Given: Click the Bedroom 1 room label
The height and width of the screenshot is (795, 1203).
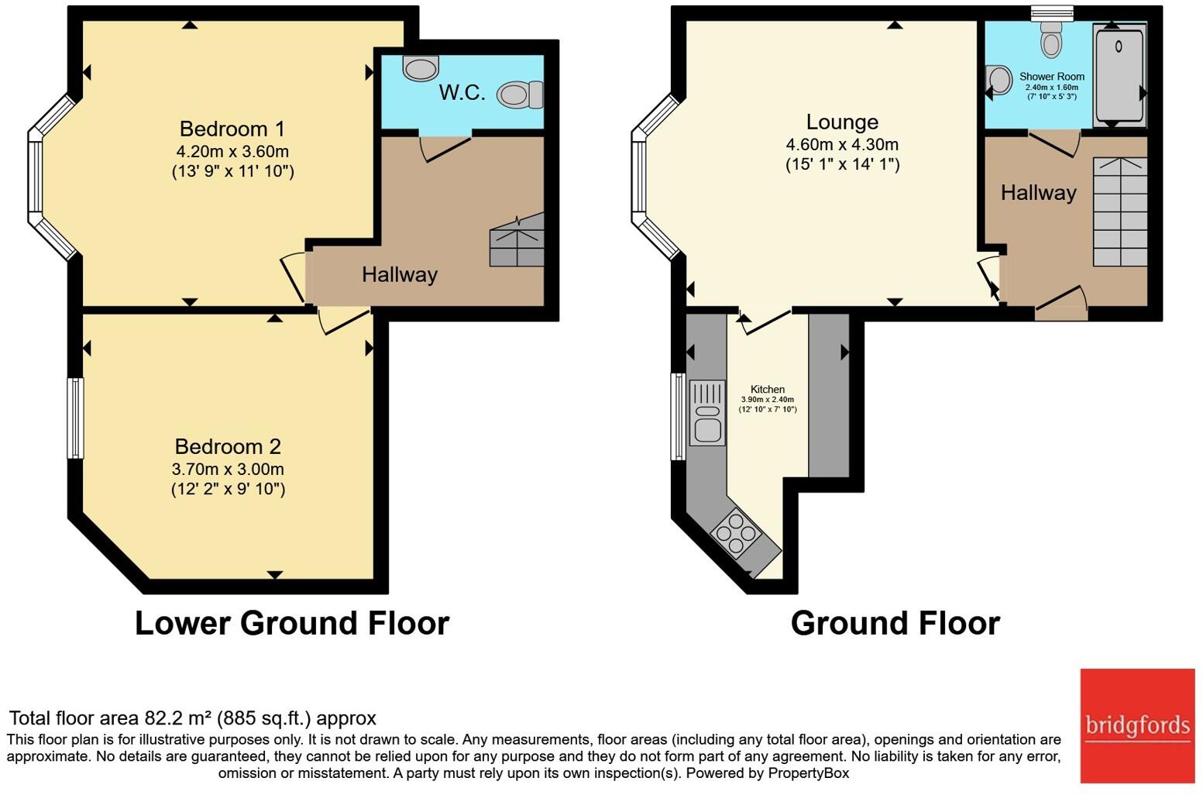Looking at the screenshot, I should pyautogui.click(x=232, y=129).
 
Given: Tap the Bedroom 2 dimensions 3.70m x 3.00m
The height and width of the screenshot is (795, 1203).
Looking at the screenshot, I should pyautogui.click(x=228, y=469).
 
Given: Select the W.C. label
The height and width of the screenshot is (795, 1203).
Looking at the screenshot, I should pyautogui.click(x=462, y=93).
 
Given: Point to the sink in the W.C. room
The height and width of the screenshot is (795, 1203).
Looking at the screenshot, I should pyautogui.click(x=421, y=67).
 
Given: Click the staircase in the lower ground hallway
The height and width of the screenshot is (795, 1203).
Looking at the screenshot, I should pyautogui.click(x=517, y=241).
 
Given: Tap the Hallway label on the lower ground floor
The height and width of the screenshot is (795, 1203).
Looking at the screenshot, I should pyautogui.click(x=400, y=274).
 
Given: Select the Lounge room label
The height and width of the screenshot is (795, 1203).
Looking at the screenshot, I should pyautogui.click(x=842, y=122).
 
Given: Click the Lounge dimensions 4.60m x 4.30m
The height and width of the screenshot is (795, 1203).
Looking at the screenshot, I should pyautogui.click(x=842, y=144).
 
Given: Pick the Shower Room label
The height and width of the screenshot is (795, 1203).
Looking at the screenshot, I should pyautogui.click(x=1051, y=76).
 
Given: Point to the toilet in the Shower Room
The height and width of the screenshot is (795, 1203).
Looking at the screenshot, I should pyautogui.click(x=1051, y=39).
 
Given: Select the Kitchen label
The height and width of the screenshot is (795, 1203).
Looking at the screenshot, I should pyautogui.click(x=767, y=389).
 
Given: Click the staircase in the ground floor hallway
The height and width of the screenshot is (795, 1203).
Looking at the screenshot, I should pyautogui.click(x=1119, y=212).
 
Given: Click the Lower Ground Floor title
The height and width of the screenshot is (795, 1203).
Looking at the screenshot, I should pyautogui.click(x=292, y=623).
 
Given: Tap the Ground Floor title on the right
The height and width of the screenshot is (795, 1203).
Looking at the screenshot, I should pyautogui.click(x=895, y=623).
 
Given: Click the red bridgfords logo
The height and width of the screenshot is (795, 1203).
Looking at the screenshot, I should pyautogui.click(x=1137, y=725).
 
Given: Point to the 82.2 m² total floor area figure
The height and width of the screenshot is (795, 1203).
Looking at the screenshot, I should pyautogui.click(x=178, y=718).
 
